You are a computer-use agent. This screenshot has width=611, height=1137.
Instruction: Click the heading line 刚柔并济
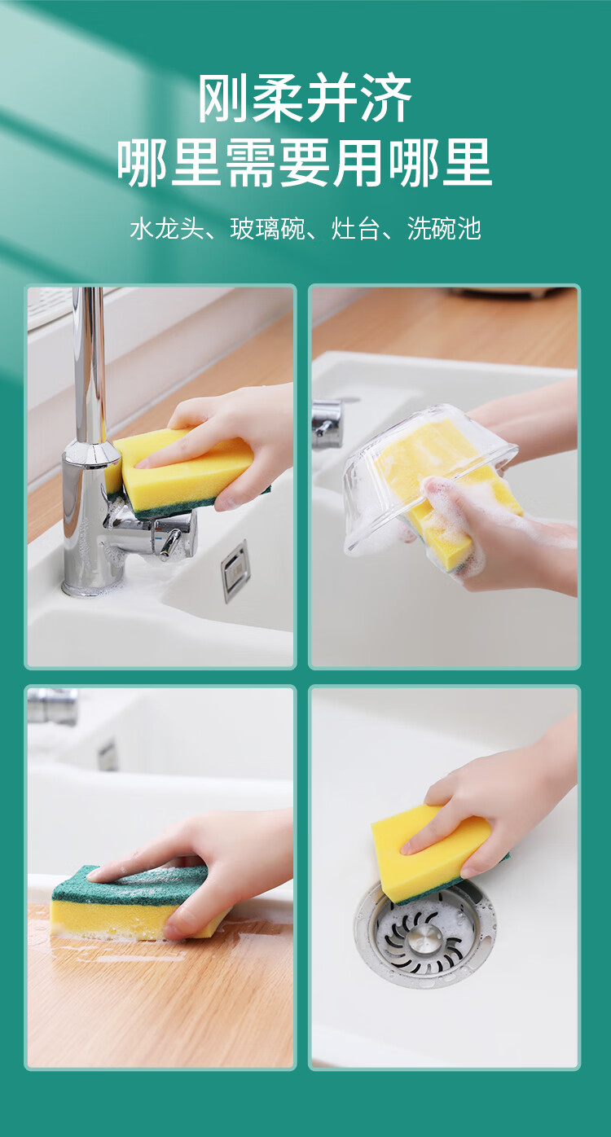point(305,98)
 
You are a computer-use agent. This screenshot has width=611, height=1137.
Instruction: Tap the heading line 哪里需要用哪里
point(305,163)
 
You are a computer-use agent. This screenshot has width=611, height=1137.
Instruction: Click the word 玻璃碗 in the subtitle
point(268,228)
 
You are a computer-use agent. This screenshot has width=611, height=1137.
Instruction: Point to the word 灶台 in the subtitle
point(355,228)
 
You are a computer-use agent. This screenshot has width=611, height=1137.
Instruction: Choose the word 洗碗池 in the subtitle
point(444,228)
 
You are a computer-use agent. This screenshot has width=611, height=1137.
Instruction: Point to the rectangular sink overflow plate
point(235,571)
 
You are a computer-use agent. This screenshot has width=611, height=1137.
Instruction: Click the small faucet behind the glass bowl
point(327,424)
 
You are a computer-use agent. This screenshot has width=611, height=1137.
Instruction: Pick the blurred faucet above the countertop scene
point(52,705)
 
